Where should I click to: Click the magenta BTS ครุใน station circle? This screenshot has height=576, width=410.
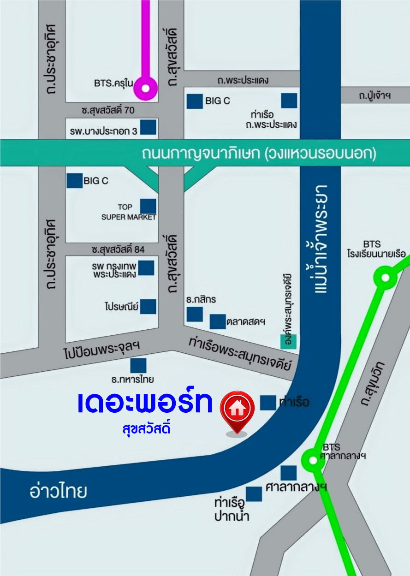click(146, 88)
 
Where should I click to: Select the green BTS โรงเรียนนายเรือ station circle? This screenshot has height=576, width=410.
click(385, 278)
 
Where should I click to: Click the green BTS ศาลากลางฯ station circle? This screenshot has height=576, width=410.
click(312, 460)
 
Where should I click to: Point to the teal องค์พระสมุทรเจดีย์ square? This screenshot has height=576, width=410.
click(289, 341)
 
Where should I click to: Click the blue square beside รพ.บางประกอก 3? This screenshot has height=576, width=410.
click(148, 127)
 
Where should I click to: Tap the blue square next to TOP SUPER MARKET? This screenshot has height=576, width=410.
click(148, 207)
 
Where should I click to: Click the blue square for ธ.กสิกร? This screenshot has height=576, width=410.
click(195, 314)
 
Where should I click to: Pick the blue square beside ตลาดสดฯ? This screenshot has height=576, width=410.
click(218, 321)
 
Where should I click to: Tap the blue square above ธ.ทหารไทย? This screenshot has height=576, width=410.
click(138, 365)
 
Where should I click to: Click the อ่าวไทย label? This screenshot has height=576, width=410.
click(58, 492)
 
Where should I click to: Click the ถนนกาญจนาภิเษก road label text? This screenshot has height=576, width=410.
click(259, 154)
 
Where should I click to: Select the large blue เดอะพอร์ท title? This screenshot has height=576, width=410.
click(146, 403)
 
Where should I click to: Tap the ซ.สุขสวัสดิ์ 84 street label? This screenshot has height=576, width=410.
click(118, 249)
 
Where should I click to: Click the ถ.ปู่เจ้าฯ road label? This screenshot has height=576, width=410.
click(375, 95)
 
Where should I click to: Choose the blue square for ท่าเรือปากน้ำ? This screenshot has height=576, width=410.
click(254, 494)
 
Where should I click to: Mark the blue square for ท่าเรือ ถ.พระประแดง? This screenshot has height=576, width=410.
click(289, 101)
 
